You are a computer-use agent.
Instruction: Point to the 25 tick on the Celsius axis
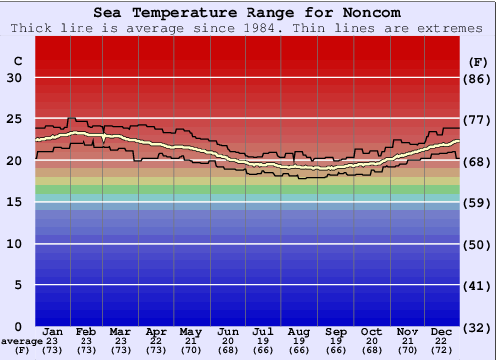pos(14,119)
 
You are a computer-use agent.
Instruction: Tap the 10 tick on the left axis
pos(14,244)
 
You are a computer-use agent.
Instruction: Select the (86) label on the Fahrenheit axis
pos(479,78)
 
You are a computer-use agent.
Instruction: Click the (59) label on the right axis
pos(479,203)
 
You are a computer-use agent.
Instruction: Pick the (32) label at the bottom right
pos(479,327)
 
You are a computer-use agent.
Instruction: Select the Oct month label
pos(371,331)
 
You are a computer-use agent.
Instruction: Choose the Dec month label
pos(442,331)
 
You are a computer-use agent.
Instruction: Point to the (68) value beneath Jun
pos(229,350)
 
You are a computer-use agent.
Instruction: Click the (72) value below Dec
pos(442,350)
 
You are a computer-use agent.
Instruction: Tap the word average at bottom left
pos(22,341)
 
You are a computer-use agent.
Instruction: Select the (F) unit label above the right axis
pos(478,61)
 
